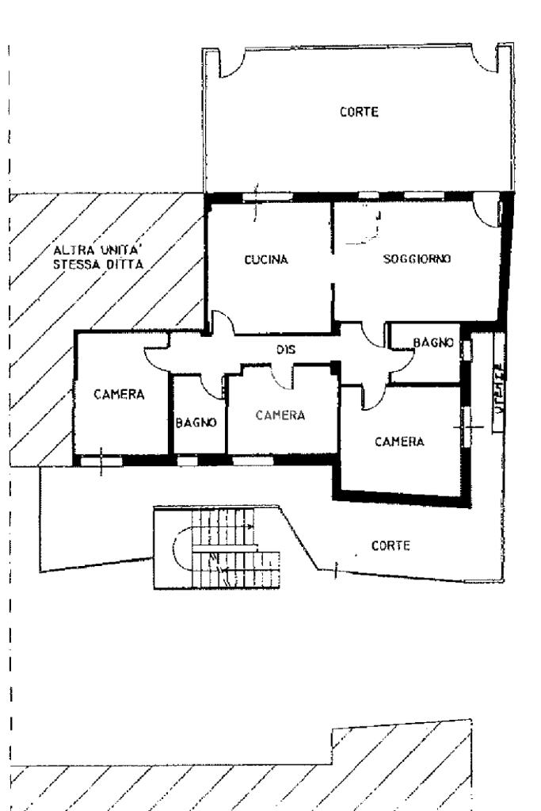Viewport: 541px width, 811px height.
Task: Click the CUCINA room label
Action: [265, 259]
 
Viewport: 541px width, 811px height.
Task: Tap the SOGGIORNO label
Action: [417, 259]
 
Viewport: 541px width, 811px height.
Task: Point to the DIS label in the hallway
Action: [285, 348]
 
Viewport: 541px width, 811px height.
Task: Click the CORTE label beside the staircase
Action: [391, 546]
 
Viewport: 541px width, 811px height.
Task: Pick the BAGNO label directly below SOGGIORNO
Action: [433, 342]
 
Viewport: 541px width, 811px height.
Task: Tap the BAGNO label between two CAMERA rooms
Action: [196, 423]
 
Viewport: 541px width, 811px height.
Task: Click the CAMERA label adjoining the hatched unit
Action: [119, 395]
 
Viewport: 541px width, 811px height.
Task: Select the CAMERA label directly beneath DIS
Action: [280, 415]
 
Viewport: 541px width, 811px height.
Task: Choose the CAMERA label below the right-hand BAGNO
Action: [399, 442]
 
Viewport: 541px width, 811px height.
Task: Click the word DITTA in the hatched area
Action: [121, 266]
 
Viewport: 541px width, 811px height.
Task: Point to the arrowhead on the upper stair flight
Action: [251, 526]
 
